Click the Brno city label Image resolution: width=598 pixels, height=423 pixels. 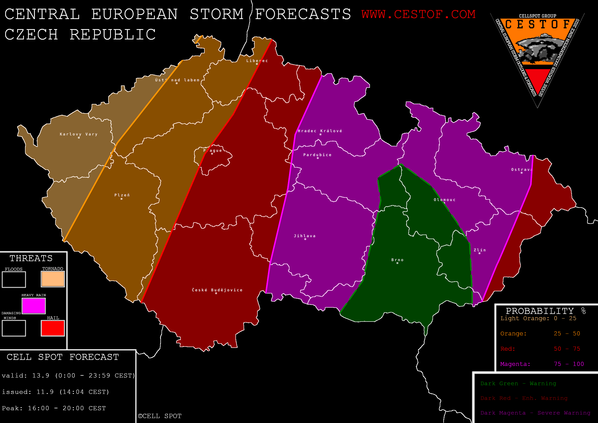point(397,260)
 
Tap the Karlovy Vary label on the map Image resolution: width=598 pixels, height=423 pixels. point(79,134)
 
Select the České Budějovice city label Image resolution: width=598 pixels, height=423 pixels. point(217,290)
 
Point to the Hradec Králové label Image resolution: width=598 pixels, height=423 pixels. point(320,131)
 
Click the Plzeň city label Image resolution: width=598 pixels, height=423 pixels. point(122,195)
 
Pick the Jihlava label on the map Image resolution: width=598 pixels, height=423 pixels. point(305,236)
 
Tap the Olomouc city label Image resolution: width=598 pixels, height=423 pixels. point(445,200)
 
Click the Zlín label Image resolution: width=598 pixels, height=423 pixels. point(480,250)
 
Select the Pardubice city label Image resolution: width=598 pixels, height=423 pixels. point(317,155)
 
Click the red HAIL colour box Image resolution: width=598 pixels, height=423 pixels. point(53,328)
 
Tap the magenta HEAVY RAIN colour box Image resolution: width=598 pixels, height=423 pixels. point(34,306)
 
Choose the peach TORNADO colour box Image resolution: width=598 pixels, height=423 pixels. point(53,279)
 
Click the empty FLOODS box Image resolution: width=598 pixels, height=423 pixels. point(14,279)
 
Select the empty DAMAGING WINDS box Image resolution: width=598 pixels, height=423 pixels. point(14,328)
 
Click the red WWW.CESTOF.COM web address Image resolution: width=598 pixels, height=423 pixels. point(419,14)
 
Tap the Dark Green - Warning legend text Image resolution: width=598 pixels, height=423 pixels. point(518,383)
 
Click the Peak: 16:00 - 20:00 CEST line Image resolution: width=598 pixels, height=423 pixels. point(54,408)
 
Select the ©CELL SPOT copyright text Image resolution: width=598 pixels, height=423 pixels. point(160,416)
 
